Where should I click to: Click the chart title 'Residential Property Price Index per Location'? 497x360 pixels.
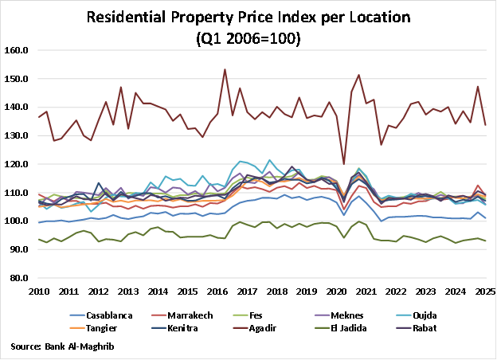(x=248, y=16)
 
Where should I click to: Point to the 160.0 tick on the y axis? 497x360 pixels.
(x=18, y=49)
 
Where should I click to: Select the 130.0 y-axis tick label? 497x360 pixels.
(x=18, y=135)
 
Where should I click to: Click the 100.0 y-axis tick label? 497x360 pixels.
(x=18, y=221)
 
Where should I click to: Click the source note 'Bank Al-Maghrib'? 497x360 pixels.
(x=63, y=346)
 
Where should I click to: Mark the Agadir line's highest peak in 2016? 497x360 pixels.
(x=225, y=69)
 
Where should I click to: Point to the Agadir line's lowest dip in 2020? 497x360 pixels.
(x=344, y=164)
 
